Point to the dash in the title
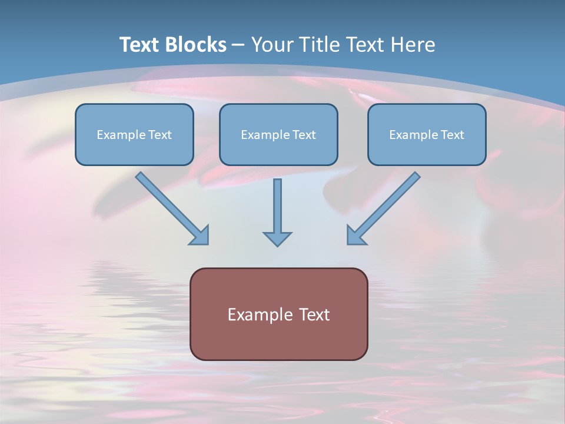click(239, 45)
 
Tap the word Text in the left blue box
click(160, 135)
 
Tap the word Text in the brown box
click(314, 314)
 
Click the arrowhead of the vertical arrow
click(277, 238)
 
